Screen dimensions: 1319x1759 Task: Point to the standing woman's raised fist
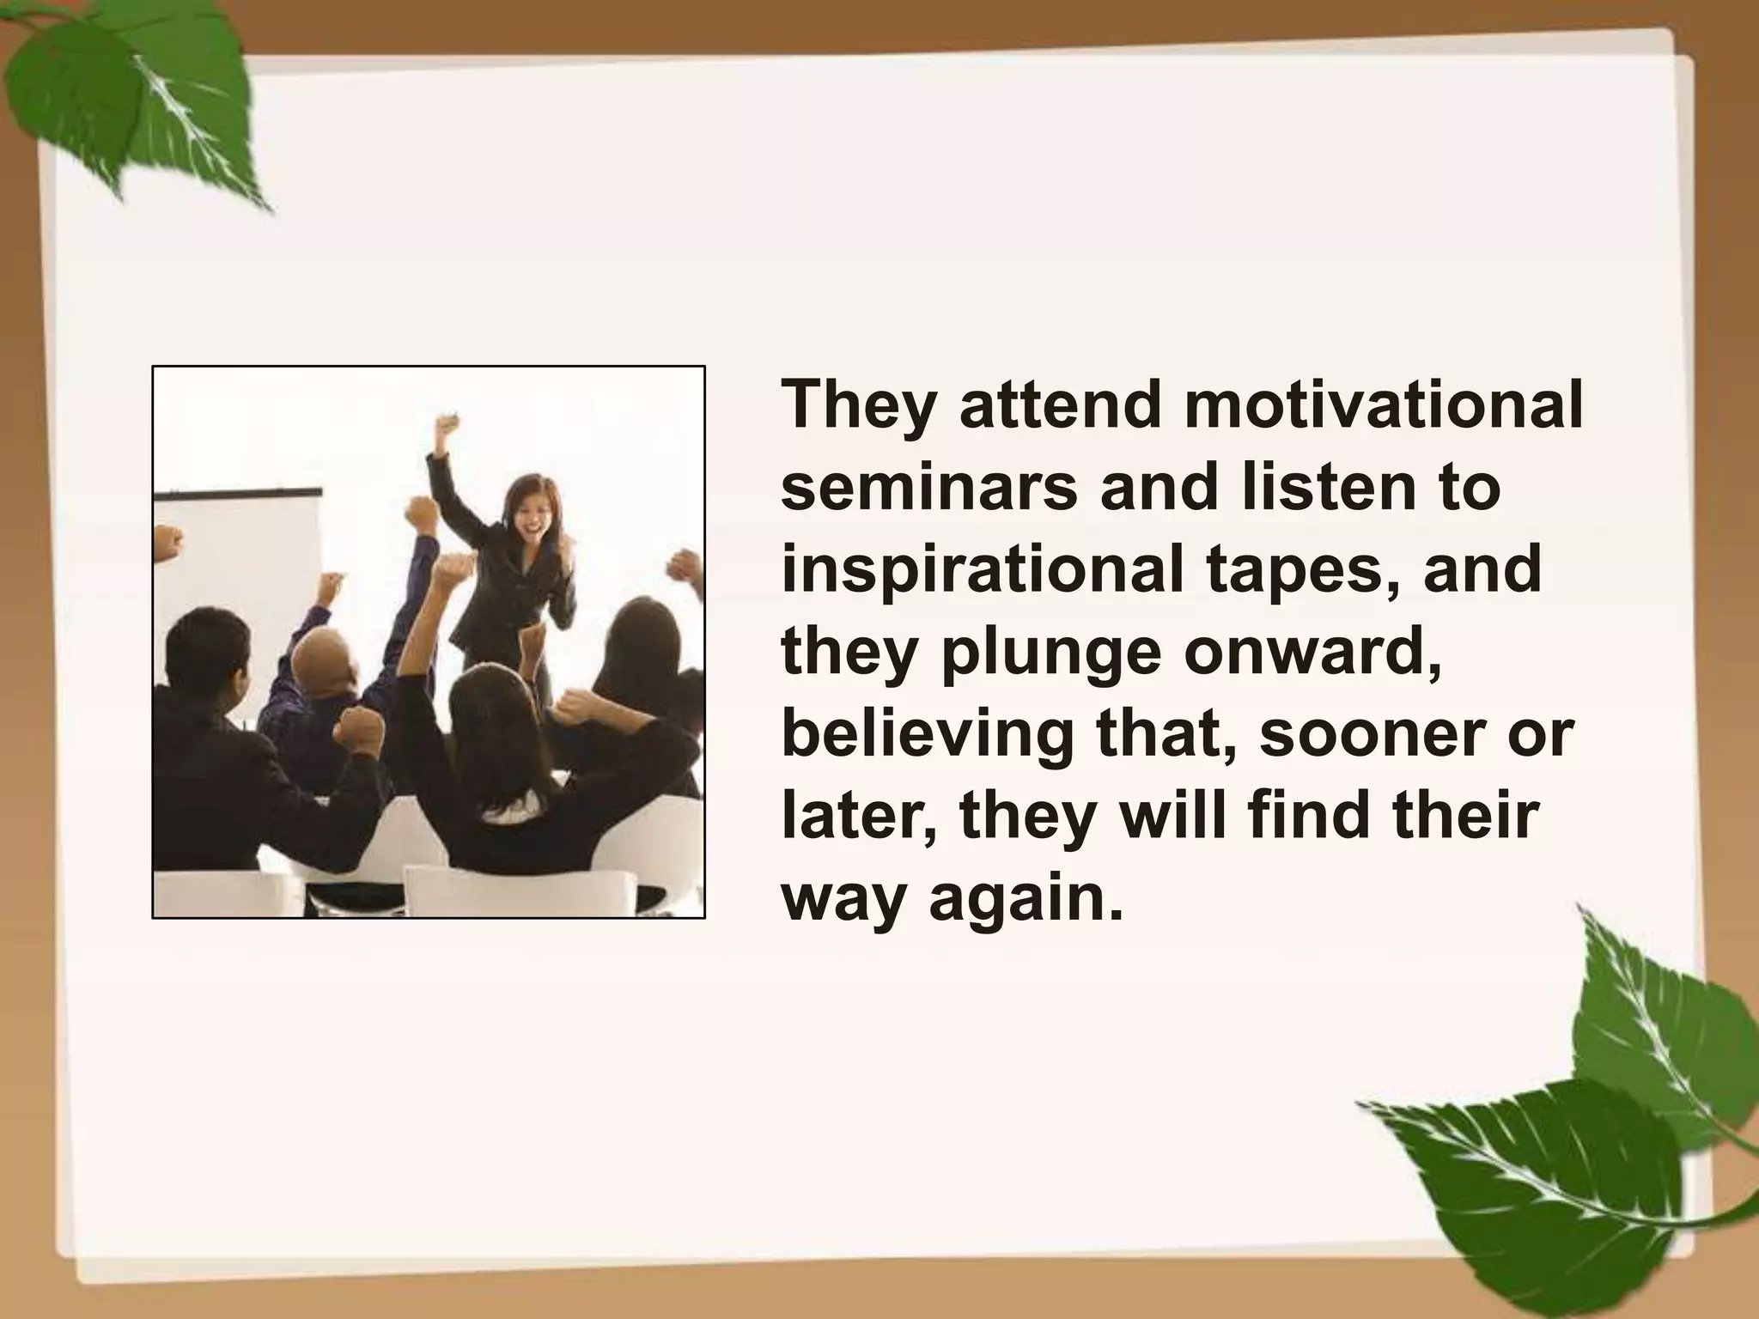(445, 425)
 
